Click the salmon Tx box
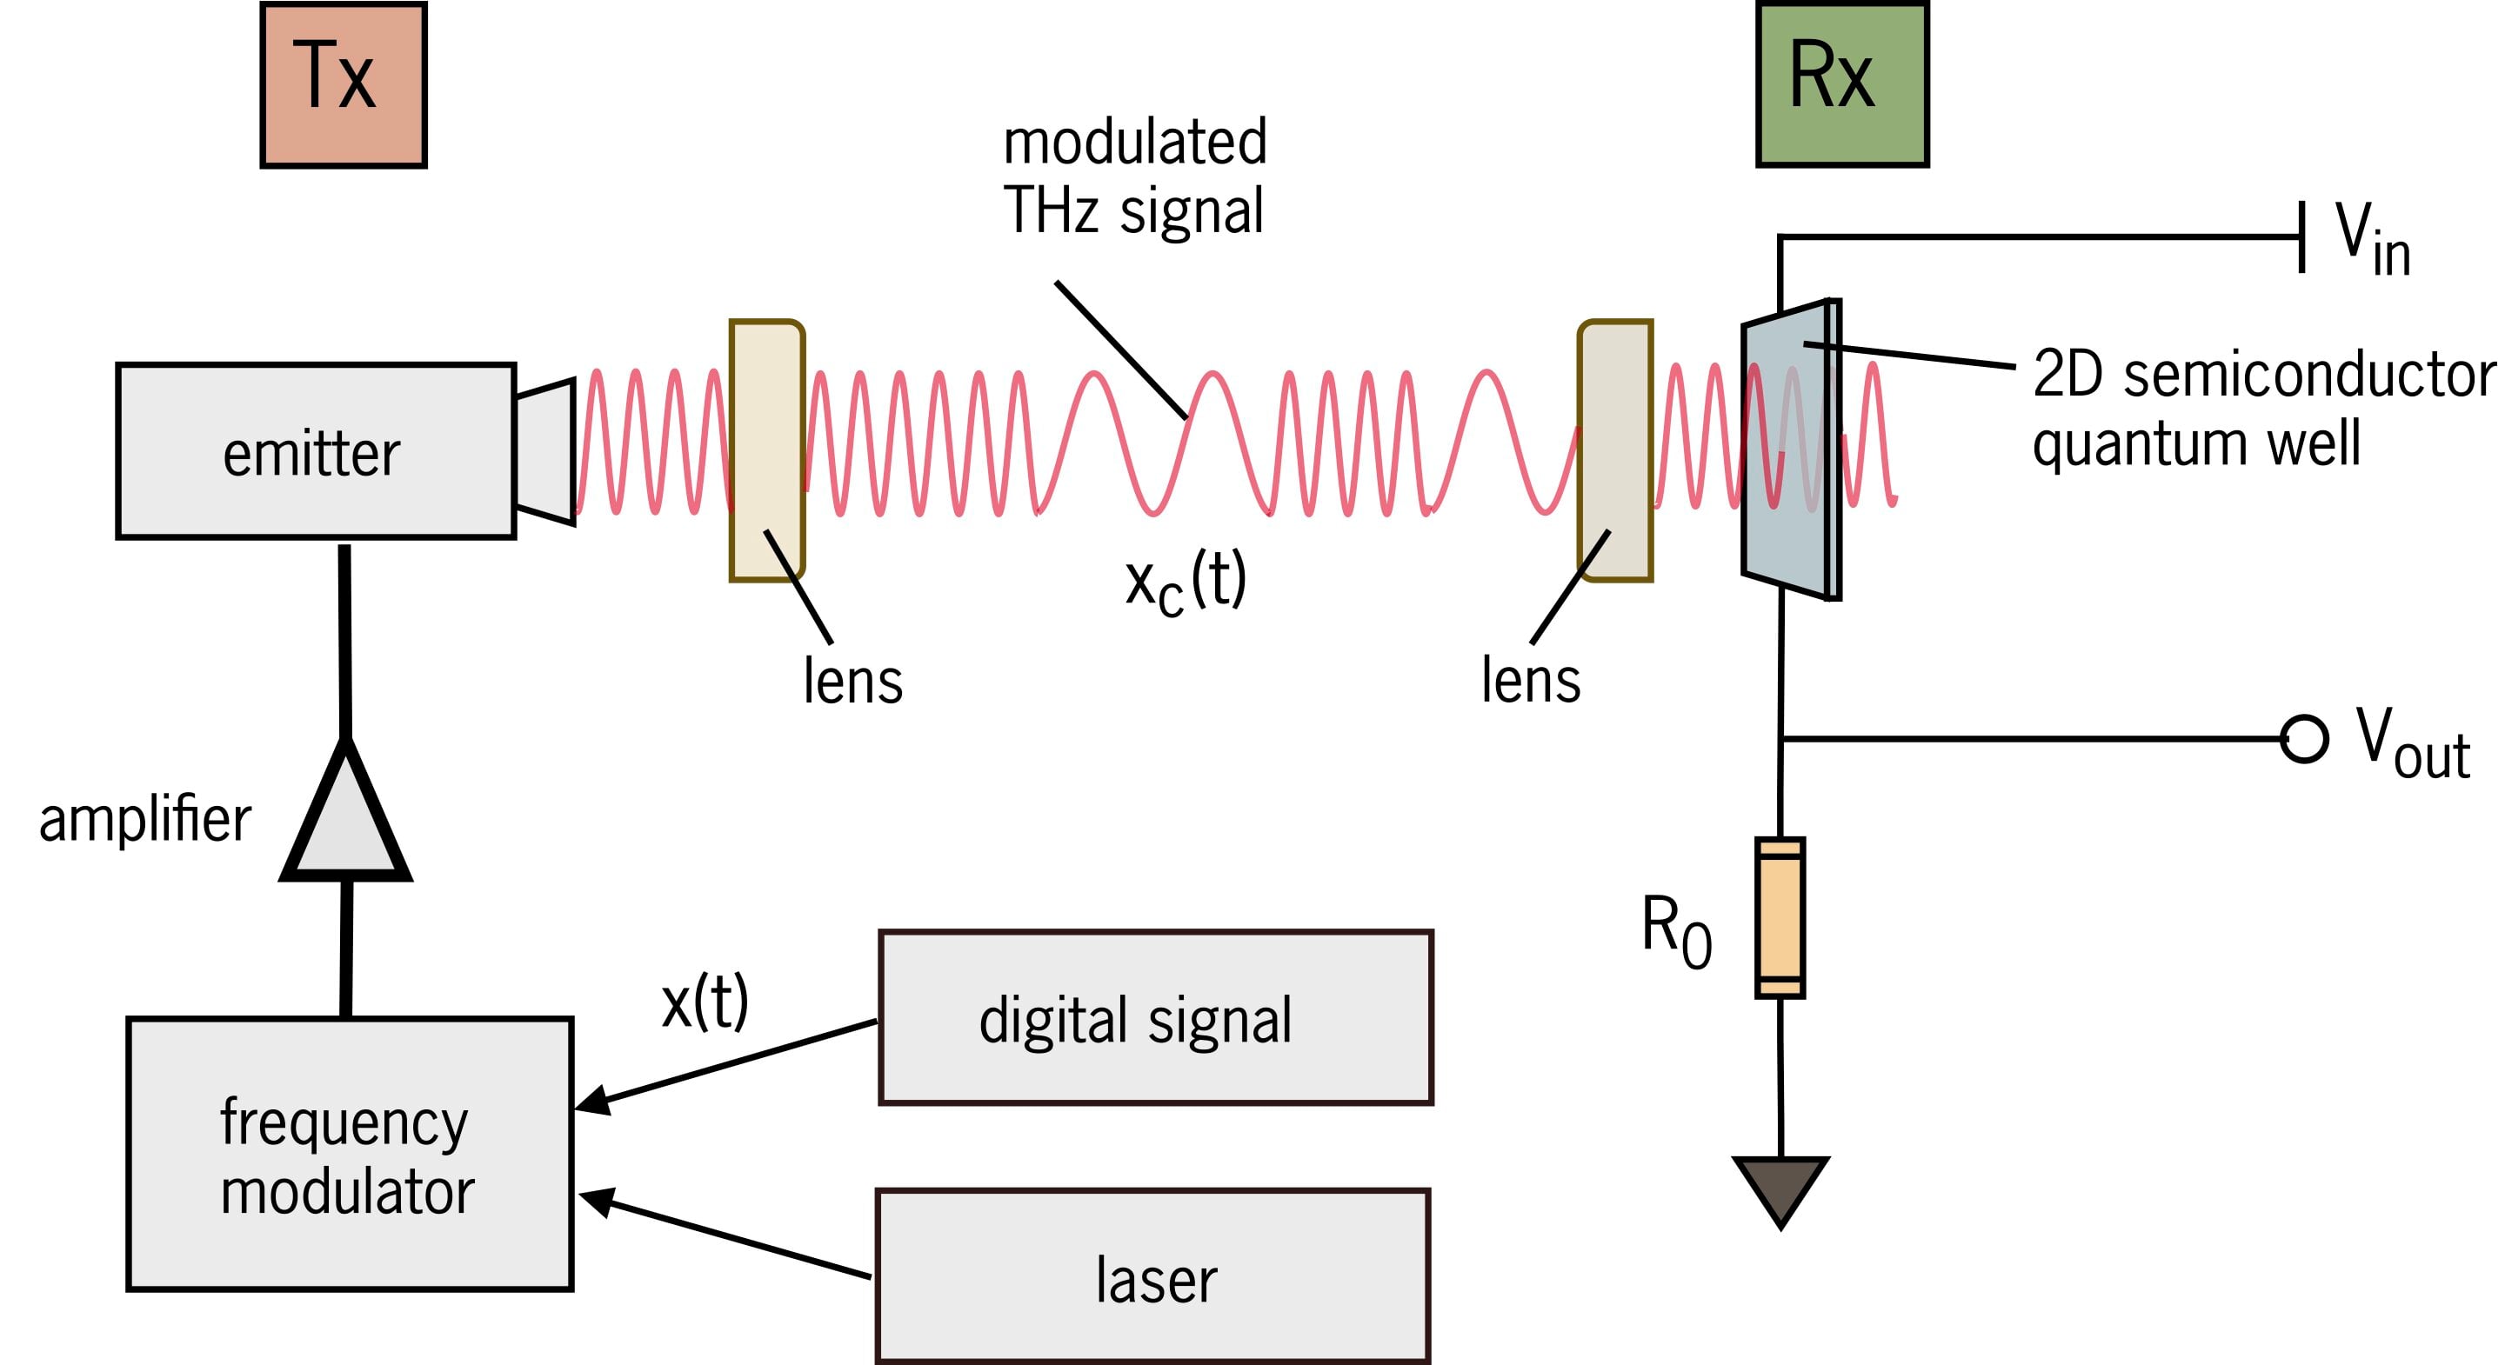(344, 84)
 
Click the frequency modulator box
(349, 1154)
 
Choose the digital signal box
(1155, 1018)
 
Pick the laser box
(1152, 1277)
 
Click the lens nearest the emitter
(767, 450)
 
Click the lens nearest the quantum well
(1615, 450)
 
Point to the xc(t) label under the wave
(1185, 582)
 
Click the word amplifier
(145, 820)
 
